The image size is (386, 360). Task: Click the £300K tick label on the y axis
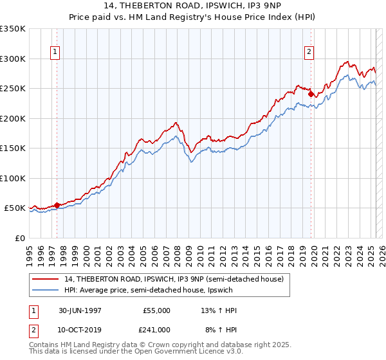click(x=13, y=59)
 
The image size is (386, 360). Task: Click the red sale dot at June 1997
click(x=57, y=205)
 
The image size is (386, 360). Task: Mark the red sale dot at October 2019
click(x=311, y=94)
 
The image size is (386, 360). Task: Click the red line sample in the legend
click(x=46, y=278)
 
